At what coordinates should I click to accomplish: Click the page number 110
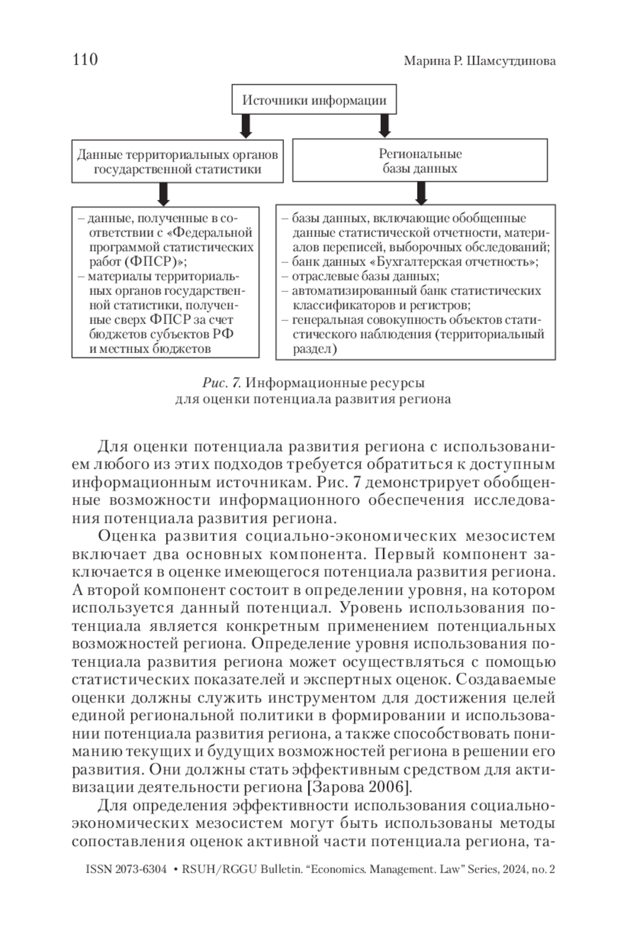(85, 60)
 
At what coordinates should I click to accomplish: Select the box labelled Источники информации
(314, 100)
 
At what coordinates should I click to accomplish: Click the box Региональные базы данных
(420, 161)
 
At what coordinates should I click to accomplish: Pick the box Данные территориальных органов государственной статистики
(177, 161)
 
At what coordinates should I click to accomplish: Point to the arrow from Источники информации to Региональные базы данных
(385, 126)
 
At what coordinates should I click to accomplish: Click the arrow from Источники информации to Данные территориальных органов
(246, 126)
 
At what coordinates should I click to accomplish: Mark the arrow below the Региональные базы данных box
(421, 193)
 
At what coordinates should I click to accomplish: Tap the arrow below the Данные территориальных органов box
(164, 194)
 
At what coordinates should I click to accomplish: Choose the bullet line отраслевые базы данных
(365, 276)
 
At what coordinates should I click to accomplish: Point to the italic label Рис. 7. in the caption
(221, 383)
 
